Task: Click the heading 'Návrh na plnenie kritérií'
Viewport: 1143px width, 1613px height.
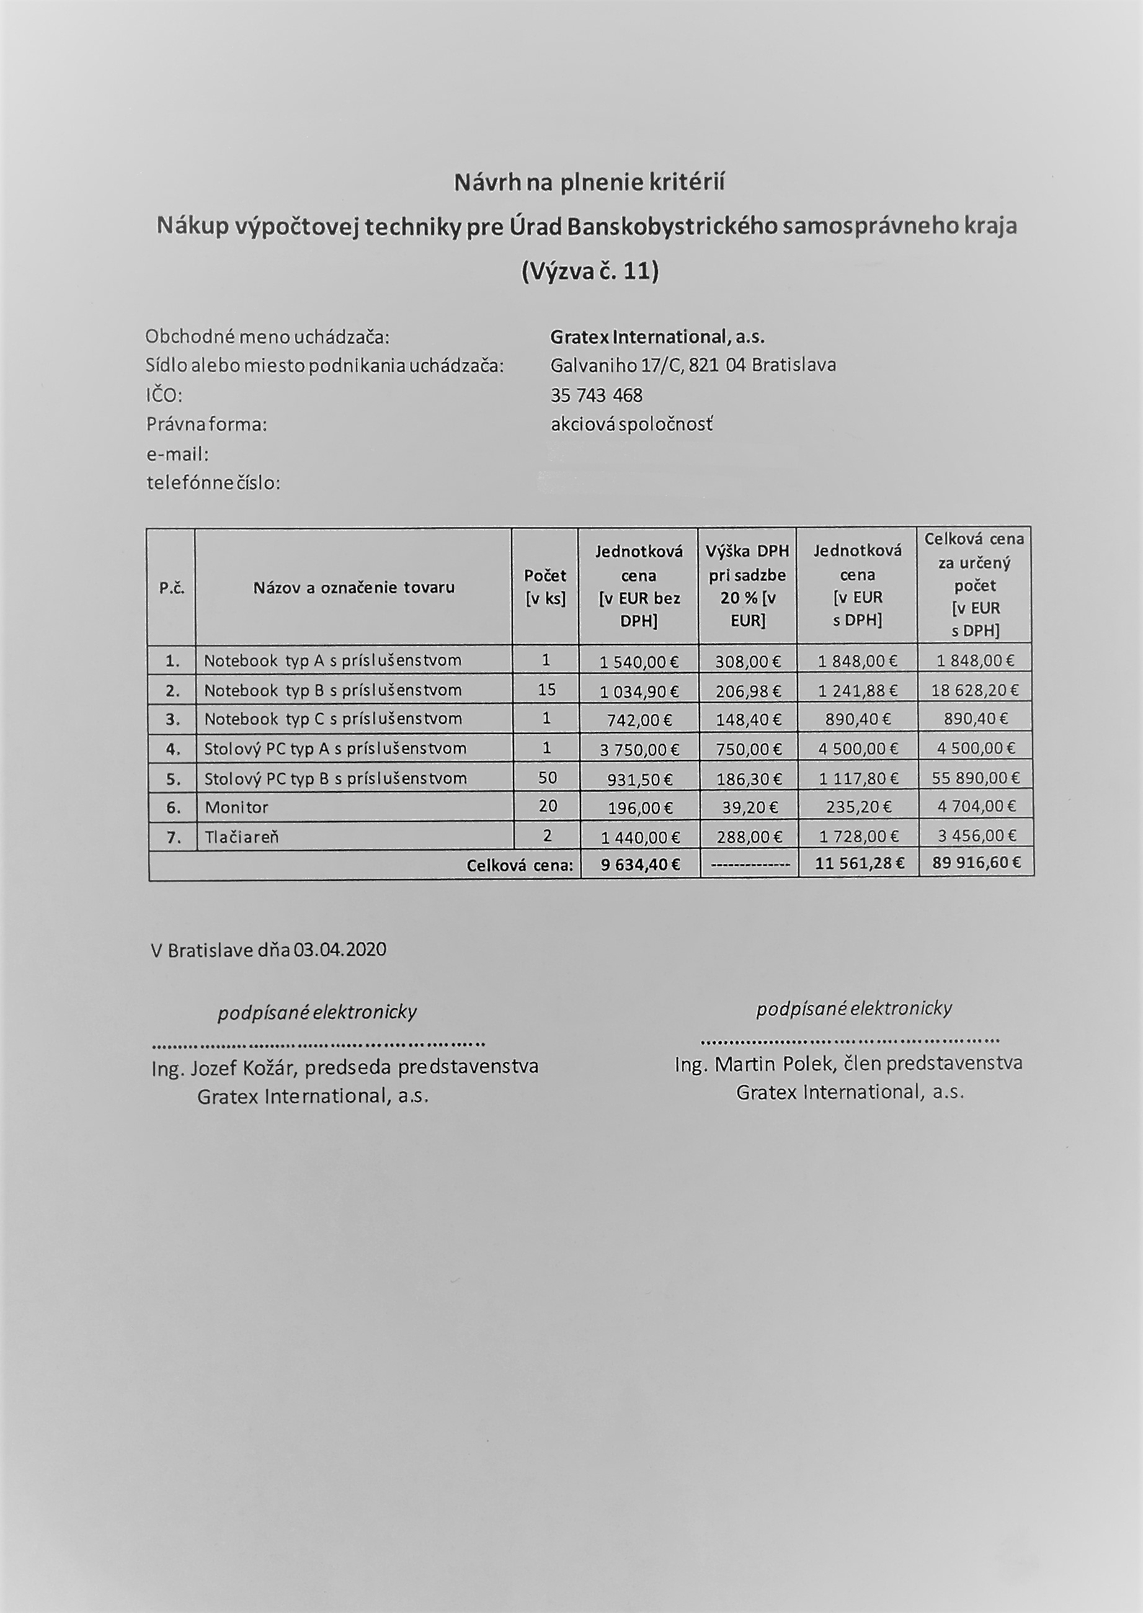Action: point(589,183)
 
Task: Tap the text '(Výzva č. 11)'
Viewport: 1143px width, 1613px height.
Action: point(590,271)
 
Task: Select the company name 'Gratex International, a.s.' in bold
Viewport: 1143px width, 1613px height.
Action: point(657,337)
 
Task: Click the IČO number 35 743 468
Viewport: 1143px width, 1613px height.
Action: point(596,396)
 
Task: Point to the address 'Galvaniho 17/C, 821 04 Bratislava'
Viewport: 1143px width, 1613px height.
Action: point(693,365)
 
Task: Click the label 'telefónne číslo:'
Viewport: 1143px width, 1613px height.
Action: point(213,483)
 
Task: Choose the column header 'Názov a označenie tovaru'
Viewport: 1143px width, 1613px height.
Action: point(354,587)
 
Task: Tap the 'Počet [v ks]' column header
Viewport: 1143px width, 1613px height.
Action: point(545,587)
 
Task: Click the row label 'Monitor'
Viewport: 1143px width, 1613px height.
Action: point(236,808)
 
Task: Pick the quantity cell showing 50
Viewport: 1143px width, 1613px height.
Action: point(547,777)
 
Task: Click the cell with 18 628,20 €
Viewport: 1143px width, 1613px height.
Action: point(974,690)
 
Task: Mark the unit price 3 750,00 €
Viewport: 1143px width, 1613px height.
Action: point(639,750)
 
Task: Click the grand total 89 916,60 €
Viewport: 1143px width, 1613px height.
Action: point(976,863)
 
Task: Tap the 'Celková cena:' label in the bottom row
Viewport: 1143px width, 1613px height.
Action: point(520,865)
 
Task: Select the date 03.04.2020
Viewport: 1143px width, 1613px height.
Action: point(340,950)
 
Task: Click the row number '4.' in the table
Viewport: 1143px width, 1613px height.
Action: point(172,749)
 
